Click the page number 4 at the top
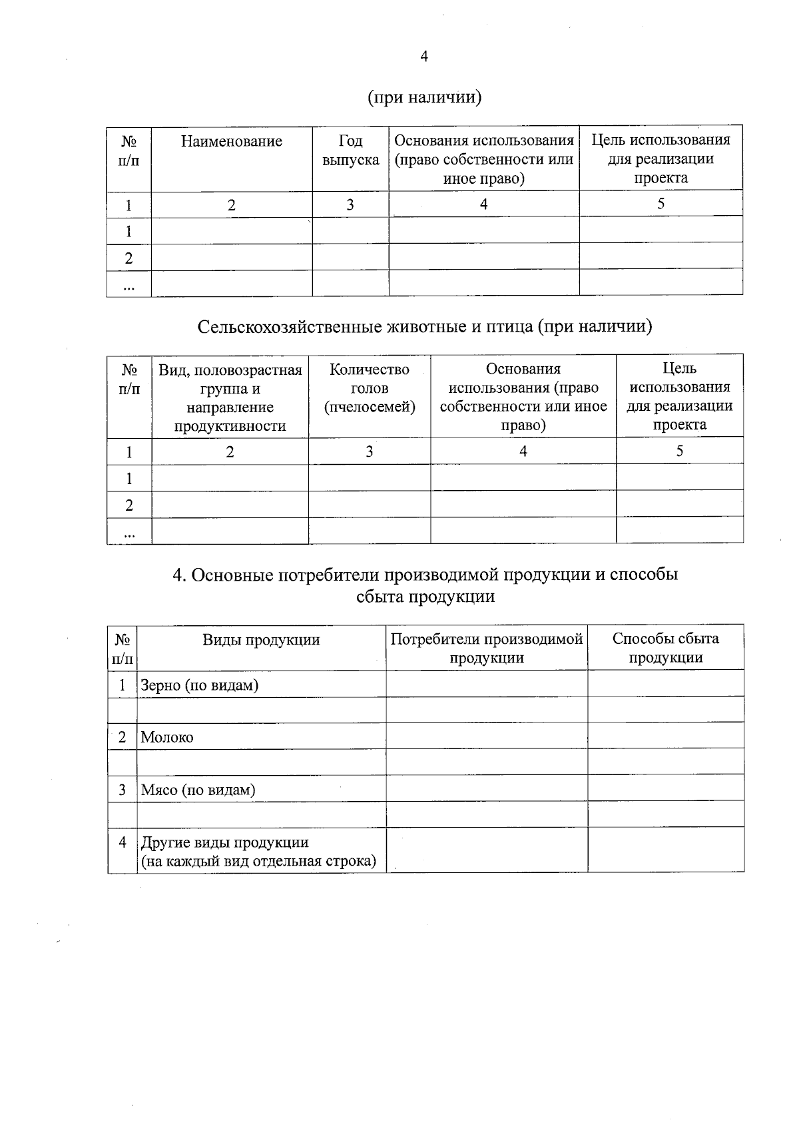pyautogui.click(x=424, y=57)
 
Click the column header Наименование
pyautogui.click(x=231, y=141)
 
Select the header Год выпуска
pyautogui.click(x=350, y=150)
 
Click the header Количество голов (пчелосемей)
pyautogui.click(x=369, y=388)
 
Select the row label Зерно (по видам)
pyautogui.click(x=199, y=685)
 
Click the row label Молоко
pyautogui.click(x=167, y=737)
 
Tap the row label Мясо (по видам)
pyautogui.click(x=198, y=790)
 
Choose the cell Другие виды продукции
pyautogui.click(x=225, y=842)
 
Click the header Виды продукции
pyautogui.click(x=261, y=640)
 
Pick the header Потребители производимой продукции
pyautogui.click(x=487, y=649)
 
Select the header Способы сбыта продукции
pyautogui.click(x=665, y=648)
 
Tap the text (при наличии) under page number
pyautogui.click(x=424, y=97)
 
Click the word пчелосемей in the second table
pyautogui.click(x=369, y=408)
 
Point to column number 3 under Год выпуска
pyautogui.click(x=350, y=204)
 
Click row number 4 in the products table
pyautogui.click(x=122, y=842)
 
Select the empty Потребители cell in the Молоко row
pyautogui.click(x=487, y=736)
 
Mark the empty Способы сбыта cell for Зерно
pyautogui.click(x=665, y=684)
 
